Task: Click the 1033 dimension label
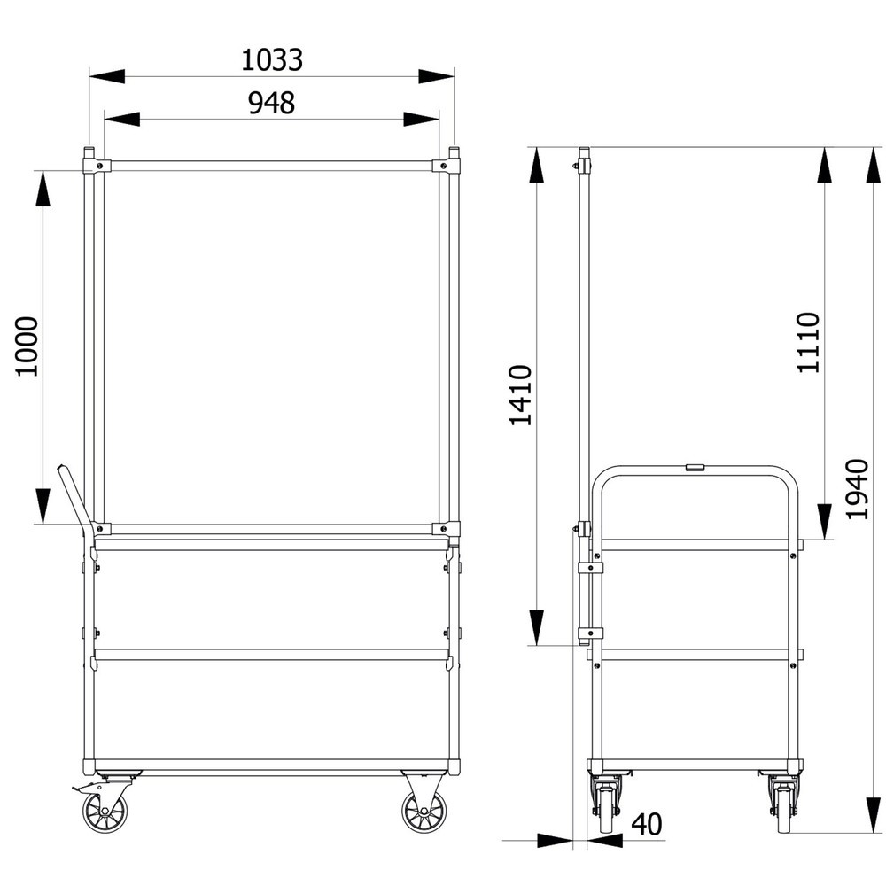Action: (x=272, y=59)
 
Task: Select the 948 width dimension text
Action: (x=272, y=103)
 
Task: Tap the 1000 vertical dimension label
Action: (x=27, y=346)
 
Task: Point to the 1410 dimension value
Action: (x=520, y=395)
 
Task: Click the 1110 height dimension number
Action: (x=808, y=342)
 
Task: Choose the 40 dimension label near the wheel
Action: (x=647, y=824)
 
